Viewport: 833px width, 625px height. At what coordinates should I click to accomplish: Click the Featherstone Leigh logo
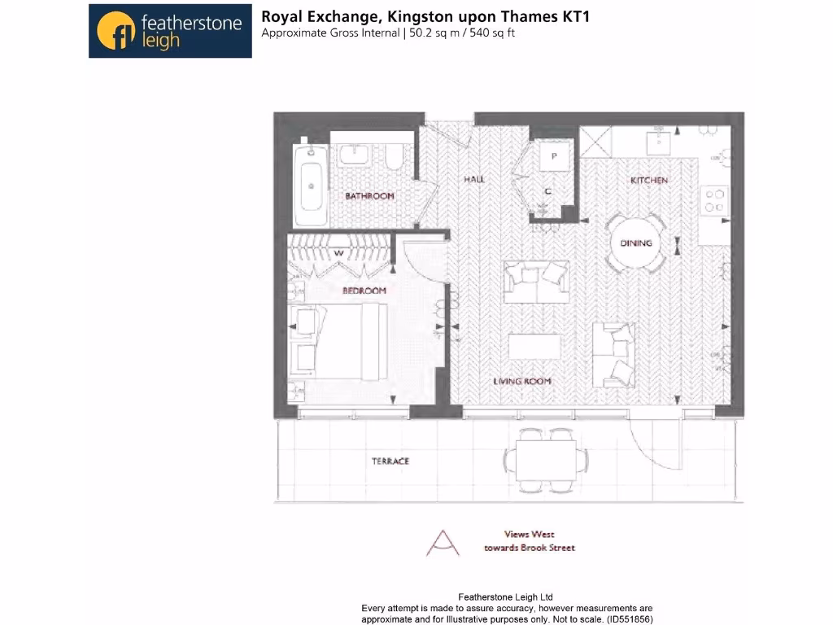coord(170,31)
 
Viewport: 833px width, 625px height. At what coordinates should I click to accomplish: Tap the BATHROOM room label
coord(369,196)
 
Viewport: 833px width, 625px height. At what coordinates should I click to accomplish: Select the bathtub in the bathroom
coord(310,186)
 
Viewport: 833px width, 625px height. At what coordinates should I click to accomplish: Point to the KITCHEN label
coord(649,180)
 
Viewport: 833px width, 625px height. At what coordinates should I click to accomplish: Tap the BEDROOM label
coord(364,291)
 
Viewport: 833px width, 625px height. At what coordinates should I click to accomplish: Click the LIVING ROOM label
coord(522,381)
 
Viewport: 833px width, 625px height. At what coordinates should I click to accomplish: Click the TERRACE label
coord(390,461)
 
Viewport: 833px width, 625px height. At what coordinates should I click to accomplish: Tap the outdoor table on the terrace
coord(551,461)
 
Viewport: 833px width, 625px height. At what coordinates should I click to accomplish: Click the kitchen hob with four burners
coord(714,200)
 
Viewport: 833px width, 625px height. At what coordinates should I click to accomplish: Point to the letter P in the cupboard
coord(554,155)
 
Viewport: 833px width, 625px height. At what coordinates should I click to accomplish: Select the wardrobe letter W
coord(338,251)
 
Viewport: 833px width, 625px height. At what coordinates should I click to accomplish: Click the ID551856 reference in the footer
coord(624,619)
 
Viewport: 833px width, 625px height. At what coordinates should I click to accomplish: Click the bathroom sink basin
coord(355,155)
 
